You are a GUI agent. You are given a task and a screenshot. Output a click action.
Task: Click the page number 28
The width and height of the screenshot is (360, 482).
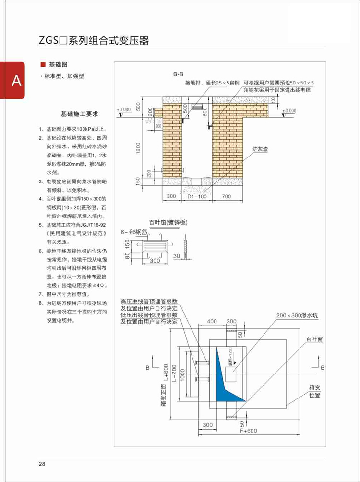coord(42,464)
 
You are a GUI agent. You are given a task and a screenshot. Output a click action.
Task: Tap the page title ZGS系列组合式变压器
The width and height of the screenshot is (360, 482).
coord(94,40)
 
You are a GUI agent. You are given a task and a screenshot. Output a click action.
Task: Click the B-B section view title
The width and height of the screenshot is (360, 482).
coord(179,74)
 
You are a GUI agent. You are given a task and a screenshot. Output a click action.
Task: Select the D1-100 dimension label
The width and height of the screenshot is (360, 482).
coord(197,196)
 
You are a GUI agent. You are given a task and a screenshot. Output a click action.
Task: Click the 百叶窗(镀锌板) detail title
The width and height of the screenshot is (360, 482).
coord(168,223)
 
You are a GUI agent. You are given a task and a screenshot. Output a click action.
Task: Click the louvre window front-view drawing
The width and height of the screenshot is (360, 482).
coord(154,245)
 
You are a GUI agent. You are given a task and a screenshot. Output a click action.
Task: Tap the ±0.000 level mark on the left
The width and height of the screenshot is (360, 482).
coord(124,110)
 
